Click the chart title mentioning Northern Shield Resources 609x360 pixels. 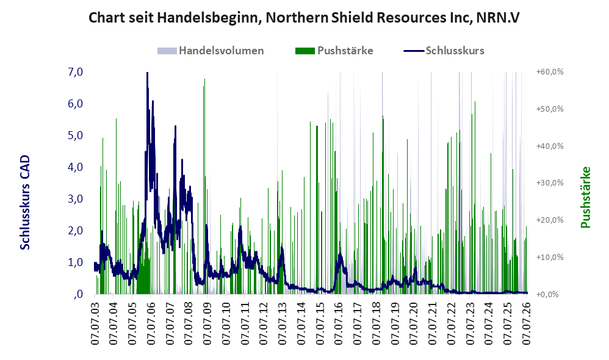(304, 18)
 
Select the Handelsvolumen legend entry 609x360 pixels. (211, 51)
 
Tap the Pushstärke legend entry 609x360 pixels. (334, 51)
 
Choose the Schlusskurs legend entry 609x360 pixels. (444, 51)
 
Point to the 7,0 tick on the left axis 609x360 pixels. (75, 72)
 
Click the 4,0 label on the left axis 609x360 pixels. (75, 167)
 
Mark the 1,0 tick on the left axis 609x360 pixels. (75, 262)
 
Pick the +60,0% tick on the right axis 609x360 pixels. (550, 72)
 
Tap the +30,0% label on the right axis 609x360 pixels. (550, 183)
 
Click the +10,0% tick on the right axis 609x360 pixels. (550, 257)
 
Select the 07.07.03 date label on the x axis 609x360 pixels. (95, 321)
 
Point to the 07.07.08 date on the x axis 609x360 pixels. (189, 321)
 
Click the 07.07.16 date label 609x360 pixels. (338, 321)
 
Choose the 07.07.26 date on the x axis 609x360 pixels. (526, 321)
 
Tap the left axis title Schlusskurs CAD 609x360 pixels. (25, 203)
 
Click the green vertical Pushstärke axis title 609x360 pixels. (585, 197)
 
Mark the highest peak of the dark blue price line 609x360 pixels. (147, 73)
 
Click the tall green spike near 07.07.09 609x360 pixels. (204, 187)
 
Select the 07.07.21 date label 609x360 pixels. (432, 321)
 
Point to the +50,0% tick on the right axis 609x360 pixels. (550, 109)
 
